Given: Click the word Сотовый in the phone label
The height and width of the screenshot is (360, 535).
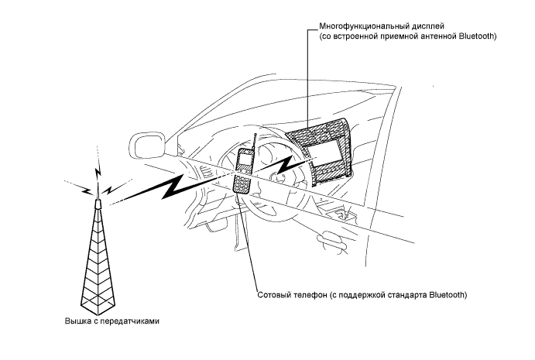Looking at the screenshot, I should (x=273, y=296).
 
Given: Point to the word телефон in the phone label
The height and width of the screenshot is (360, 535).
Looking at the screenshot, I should (x=311, y=296).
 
